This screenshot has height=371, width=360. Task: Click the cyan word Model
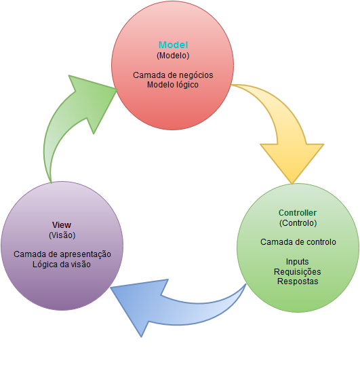173,45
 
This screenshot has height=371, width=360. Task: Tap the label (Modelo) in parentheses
173,56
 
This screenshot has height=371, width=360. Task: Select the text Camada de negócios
173,75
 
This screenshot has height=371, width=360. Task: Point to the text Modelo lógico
173,85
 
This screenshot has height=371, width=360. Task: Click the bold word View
62,224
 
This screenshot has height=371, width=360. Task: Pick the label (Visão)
62,235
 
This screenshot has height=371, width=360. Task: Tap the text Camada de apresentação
62,254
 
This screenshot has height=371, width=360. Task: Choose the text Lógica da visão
62,265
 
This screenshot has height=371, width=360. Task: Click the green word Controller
298,213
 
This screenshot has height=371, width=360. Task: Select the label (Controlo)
298,222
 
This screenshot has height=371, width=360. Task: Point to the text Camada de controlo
298,242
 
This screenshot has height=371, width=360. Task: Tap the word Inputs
298,262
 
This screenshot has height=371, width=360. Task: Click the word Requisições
298,271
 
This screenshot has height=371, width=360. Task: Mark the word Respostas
298,281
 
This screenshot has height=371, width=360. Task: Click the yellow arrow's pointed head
292,184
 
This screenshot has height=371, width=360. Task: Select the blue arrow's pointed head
111,288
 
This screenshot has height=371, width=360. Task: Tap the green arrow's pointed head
117,89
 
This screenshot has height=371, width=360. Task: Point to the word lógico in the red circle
187,85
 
